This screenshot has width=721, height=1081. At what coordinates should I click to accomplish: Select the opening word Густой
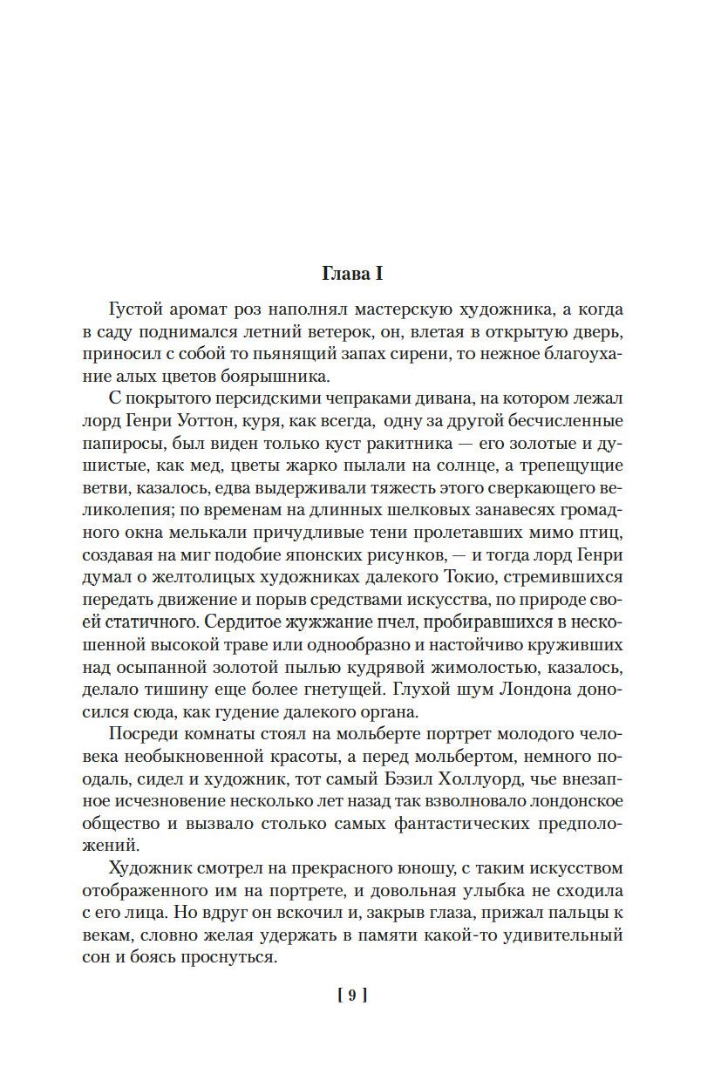click(x=139, y=309)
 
